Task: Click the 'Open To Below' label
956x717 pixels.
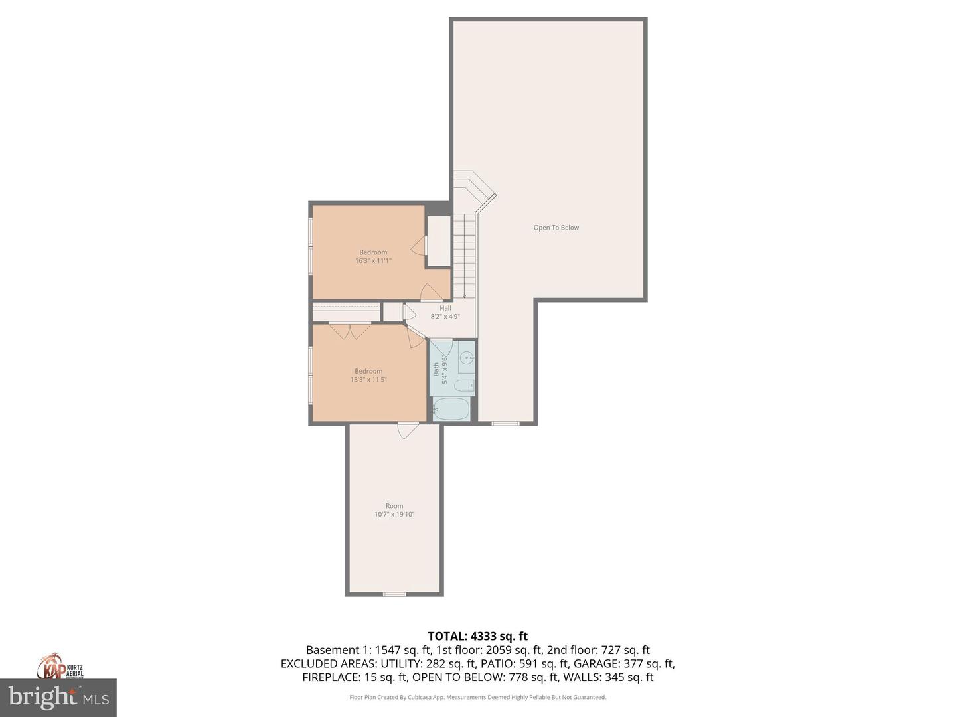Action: click(556, 228)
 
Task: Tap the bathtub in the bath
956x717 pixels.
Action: click(452, 408)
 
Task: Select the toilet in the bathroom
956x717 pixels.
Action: click(464, 385)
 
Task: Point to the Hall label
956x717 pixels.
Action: click(445, 308)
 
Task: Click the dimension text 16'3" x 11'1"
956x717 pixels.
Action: click(373, 261)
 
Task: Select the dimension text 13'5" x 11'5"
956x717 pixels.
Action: click(368, 380)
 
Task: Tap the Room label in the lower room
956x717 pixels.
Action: click(394, 506)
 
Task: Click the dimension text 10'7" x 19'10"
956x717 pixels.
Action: click(394, 515)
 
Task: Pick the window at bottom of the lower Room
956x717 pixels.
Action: click(394, 594)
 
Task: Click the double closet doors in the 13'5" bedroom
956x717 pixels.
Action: click(350, 329)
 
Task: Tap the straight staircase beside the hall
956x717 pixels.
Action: click(464, 256)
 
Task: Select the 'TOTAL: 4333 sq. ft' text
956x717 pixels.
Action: click(477, 636)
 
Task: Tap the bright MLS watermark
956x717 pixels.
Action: click(58, 698)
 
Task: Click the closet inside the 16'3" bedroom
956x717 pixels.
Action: click(438, 241)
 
